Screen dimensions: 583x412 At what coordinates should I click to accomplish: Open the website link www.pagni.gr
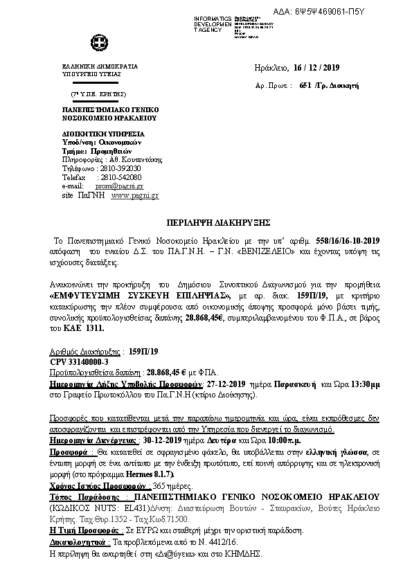(135, 196)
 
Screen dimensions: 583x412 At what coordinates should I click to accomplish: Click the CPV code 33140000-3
(78, 362)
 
